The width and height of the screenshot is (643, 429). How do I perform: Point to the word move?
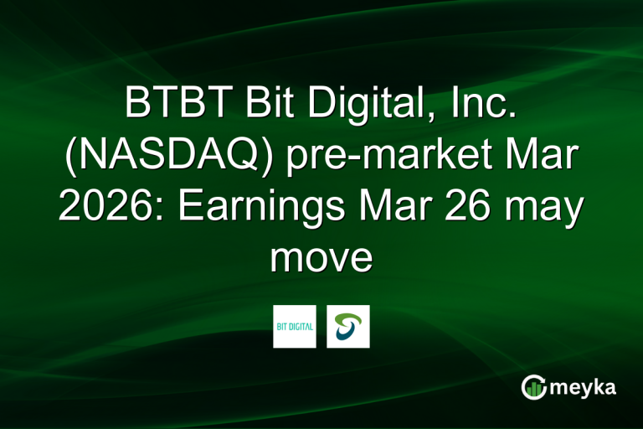click(x=321, y=258)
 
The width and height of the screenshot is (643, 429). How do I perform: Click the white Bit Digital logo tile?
click(x=295, y=326)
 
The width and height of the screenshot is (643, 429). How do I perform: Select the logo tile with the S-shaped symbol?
click(x=347, y=326)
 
